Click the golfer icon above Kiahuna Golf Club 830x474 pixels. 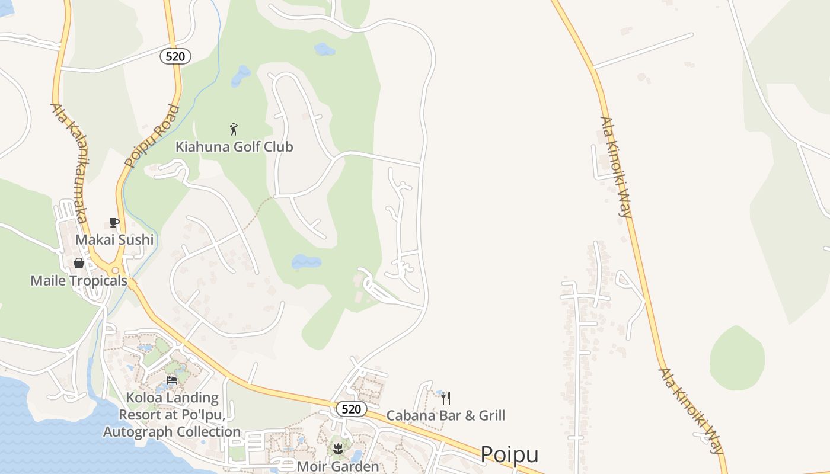click(234, 129)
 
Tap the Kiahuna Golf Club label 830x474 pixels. click(234, 146)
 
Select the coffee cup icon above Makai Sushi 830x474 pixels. click(114, 223)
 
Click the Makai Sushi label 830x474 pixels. click(114, 239)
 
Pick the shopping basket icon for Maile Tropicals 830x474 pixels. click(79, 263)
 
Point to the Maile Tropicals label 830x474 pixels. click(79, 280)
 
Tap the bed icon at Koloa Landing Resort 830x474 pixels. click(172, 380)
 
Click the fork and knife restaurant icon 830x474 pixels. click(446, 398)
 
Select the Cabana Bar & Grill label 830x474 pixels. click(446, 415)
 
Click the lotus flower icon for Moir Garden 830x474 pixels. click(338, 449)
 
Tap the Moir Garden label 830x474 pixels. click(338, 466)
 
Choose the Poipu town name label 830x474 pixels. click(509, 454)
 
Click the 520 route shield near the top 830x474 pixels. click(175, 56)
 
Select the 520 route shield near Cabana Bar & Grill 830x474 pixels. click(351, 409)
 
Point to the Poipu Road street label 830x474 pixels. click(152, 136)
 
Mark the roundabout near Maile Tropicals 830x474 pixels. click(116, 270)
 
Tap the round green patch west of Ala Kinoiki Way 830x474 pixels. click(737, 358)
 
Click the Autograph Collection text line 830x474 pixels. click(172, 432)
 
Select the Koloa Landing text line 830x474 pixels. click(172, 398)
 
